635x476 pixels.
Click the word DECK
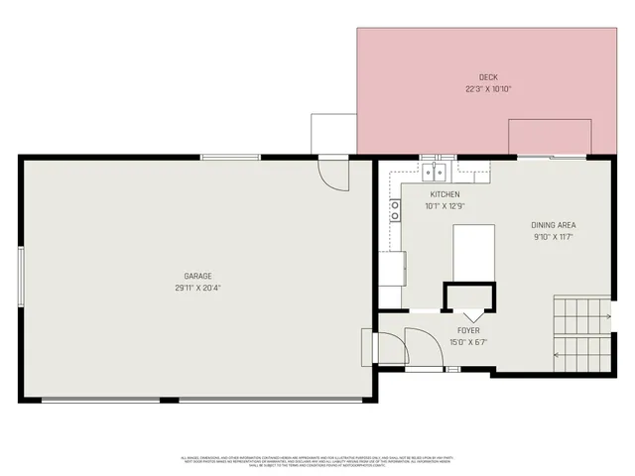coord(488,77)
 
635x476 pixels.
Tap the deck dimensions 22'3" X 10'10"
coord(488,88)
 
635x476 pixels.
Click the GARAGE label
coord(197,276)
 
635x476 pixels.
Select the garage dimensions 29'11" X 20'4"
coord(197,288)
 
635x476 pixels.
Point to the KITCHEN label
coord(444,194)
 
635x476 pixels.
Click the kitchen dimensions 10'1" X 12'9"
coord(444,206)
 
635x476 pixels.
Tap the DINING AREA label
coord(554,225)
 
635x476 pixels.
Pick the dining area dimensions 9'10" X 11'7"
coord(554,237)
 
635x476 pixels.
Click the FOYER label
coord(468,330)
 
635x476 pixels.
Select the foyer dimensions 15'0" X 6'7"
coord(468,342)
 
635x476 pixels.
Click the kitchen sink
coord(437,172)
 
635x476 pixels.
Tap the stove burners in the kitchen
coord(395,209)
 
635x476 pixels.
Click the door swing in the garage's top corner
coord(333,175)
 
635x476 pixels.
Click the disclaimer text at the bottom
coord(317,460)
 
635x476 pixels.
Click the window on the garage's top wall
coord(230,157)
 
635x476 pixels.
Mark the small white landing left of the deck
coord(333,134)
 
